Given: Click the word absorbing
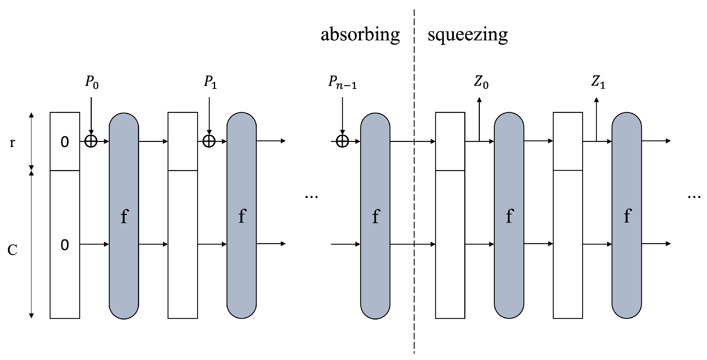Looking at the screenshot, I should point(360,35).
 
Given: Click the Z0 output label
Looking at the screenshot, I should point(481,82).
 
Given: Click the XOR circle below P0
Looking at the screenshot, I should point(91,141).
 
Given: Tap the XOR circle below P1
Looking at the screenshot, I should point(209,141).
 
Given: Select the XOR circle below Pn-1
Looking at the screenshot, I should point(342,141).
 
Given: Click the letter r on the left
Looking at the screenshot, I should point(12,143).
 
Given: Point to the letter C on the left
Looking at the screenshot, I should point(12,250).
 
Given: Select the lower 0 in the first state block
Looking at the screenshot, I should point(65,245).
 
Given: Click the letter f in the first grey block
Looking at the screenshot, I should point(124,216).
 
